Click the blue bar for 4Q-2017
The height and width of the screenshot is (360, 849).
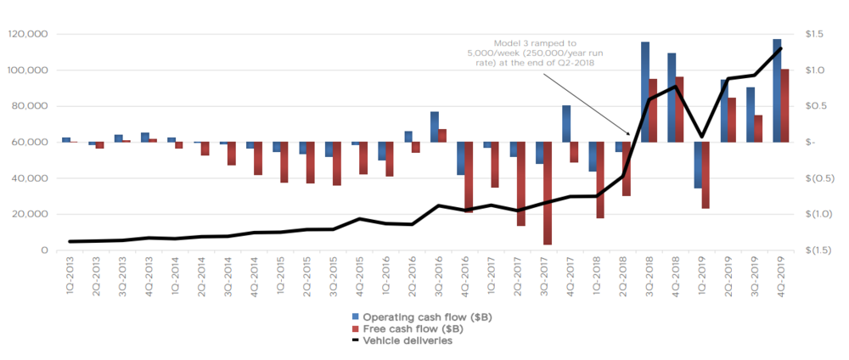pyautogui.click(x=565, y=124)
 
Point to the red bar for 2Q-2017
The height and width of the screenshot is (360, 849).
pyautogui.click(x=520, y=183)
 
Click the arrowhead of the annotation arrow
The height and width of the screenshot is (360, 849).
pyautogui.click(x=630, y=134)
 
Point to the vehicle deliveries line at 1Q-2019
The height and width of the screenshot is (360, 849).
pyautogui.click(x=701, y=136)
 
